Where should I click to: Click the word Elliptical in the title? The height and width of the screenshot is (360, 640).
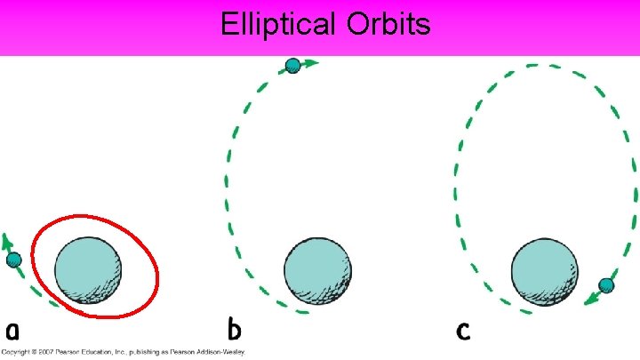[x=277, y=24]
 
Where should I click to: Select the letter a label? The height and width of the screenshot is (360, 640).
[x=12, y=331]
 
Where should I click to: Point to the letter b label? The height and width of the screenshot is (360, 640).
[x=234, y=329]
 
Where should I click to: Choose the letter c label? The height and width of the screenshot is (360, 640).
[x=462, y=331]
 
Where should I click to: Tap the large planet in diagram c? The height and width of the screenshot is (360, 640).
[x=543, y=270]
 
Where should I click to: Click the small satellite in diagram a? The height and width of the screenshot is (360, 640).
[x=13, y=260]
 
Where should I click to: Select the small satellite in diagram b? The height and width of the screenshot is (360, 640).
[x=292, y=65]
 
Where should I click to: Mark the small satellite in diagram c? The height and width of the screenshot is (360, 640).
[x=606, y=285]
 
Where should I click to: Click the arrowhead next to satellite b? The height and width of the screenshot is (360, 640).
[x=311, y=63]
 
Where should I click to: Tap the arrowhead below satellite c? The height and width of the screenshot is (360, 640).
[x=589, y=300]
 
